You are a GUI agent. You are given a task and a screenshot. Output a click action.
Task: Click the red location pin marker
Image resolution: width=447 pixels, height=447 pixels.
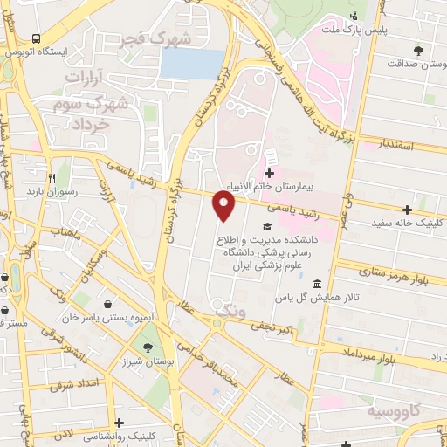tap(224, 206)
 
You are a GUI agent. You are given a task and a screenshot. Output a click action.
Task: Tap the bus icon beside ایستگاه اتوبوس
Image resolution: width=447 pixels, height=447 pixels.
tap(37, 38)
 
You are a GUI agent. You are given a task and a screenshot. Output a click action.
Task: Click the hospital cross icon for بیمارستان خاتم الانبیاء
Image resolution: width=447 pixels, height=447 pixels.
tap(269, 173)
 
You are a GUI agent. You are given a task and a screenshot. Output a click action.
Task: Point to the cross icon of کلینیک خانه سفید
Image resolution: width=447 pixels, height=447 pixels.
tap(407, 209)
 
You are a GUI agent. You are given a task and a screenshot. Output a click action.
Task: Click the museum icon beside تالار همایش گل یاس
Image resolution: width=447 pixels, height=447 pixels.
tap(317, 285)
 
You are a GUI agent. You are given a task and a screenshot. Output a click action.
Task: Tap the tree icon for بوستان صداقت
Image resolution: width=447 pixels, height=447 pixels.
tap(420, 48)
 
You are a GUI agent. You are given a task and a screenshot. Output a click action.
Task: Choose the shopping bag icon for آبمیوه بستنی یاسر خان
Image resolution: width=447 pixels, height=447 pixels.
tap(107, 304)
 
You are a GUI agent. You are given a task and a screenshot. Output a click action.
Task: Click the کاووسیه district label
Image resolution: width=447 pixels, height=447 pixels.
tap(395, 410)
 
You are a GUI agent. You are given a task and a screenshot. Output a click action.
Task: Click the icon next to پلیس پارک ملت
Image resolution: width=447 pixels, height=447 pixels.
tap(354, 16)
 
